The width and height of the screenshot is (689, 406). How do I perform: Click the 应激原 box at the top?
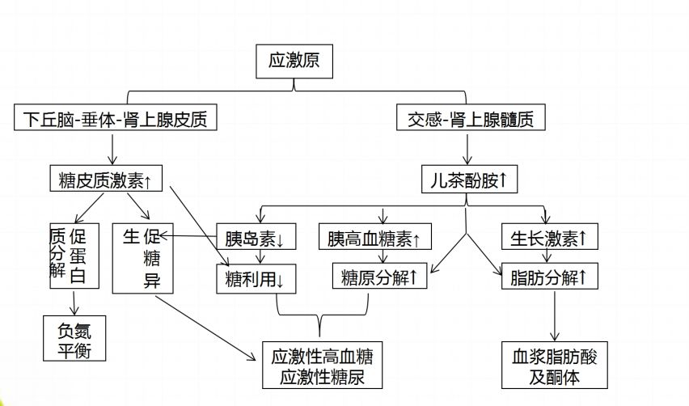click(x=294, y=61)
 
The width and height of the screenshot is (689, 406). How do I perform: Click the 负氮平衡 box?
click(x=74, y=336)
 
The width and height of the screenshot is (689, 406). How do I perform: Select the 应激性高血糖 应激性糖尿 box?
click(x=321, y=366)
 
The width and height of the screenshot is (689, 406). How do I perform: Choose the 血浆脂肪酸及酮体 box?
click(x=554, y=366)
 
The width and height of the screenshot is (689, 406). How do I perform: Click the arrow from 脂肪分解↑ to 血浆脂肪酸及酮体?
click(x=556, y=317)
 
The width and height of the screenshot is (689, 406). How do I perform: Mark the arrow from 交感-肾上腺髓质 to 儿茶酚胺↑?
click(x=467, y=149)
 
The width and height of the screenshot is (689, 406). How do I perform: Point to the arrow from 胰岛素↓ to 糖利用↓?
click(x=257, y=259)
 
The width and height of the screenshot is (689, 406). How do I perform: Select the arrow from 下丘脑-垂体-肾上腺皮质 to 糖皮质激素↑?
click(x=112, y=149)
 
